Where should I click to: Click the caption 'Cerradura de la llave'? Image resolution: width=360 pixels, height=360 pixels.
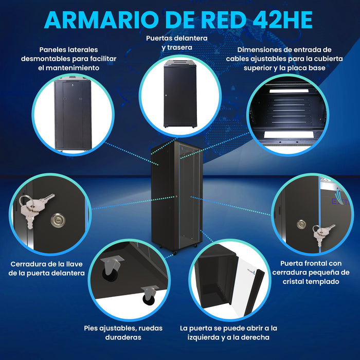(x=47, y=268)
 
